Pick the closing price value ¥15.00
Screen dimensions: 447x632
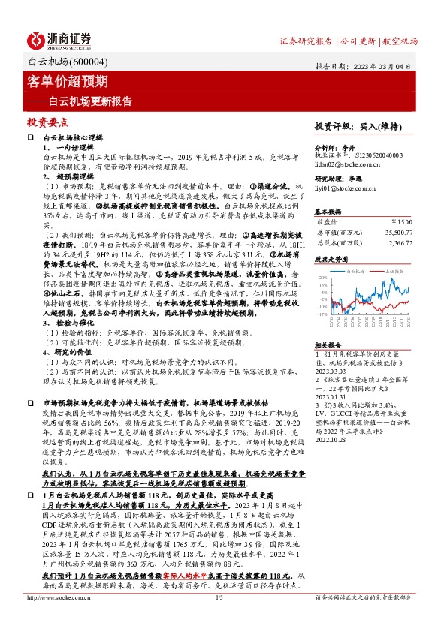pyautogui.click(x=401, y=222)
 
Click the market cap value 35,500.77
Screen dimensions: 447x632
pyautogui.click(x=397, y=233)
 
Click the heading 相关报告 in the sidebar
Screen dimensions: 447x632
pyautogui.click(x=328, y=344)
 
